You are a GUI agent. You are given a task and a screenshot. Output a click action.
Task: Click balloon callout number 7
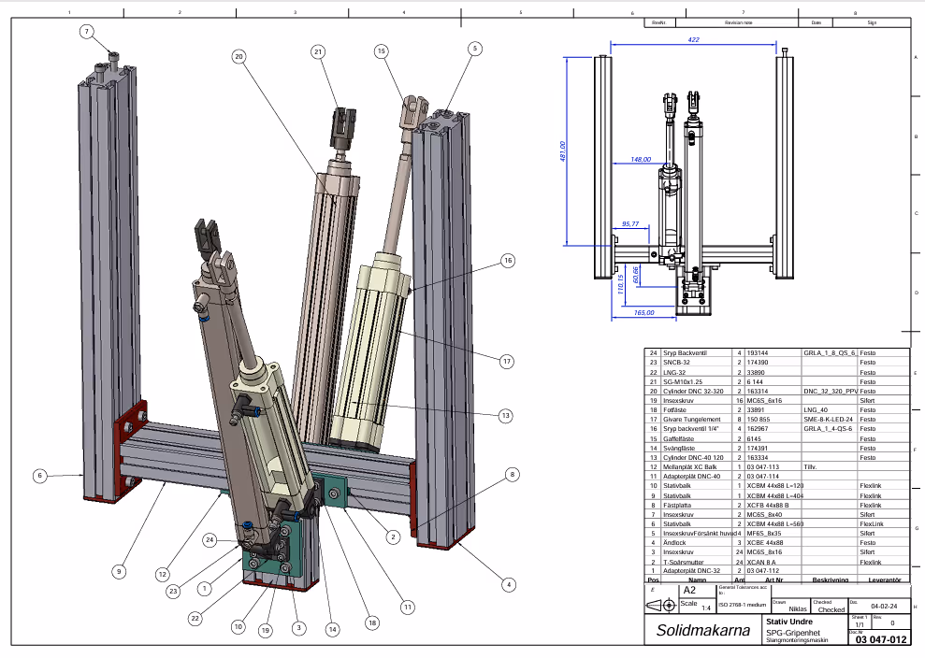tap(86, 32)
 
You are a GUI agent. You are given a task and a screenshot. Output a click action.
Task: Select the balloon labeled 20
tap(238, 56)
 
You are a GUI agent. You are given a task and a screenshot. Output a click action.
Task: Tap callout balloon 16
tap(508, 261)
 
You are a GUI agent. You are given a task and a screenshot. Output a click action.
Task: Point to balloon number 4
tap(509, 586)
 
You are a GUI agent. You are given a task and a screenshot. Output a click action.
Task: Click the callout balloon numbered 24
tap(210, 539)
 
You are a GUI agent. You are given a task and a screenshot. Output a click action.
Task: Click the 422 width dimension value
tap(693, 40)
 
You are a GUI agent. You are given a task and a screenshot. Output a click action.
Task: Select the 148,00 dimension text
tap(641, 159)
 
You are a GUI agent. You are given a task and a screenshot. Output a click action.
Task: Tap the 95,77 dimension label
tap(629, 224)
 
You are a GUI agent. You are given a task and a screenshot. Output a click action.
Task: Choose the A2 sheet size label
tap(688, 591)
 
